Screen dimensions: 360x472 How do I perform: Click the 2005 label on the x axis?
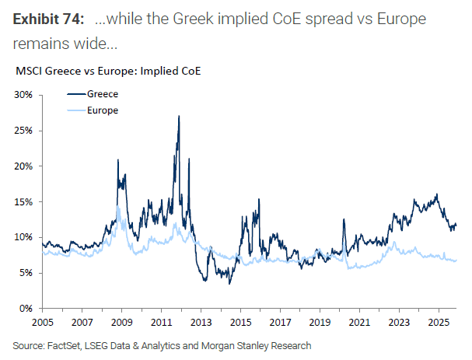(44, 321)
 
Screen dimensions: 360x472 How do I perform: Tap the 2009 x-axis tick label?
(122, 321)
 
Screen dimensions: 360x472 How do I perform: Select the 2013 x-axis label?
(201, 321)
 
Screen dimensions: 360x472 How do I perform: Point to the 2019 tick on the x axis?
(319, 321)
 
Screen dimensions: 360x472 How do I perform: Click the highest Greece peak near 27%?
(179, 117)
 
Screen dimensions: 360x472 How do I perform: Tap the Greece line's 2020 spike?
(343, 220)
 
